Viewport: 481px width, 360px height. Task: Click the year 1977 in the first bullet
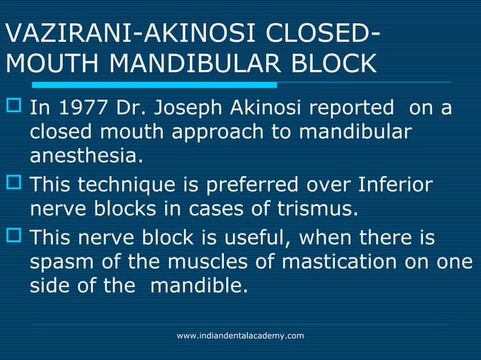point(77,110)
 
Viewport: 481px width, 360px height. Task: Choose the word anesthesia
point(84,158)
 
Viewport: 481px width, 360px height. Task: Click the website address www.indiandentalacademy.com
point(240,335)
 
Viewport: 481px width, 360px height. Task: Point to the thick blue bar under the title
point(139,84)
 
